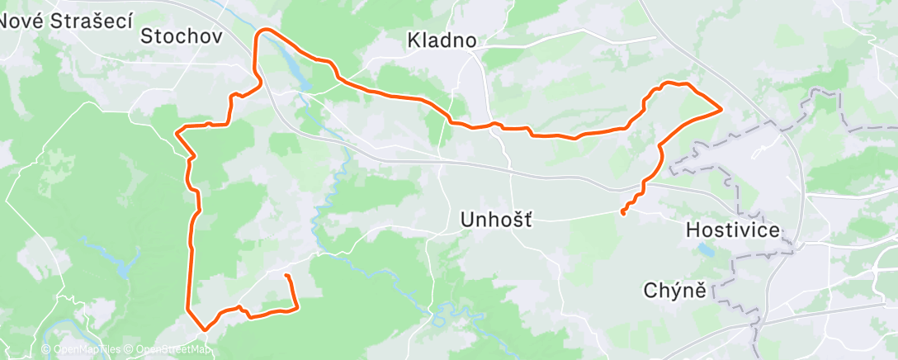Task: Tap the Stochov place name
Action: coord(182,36)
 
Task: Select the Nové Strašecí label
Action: coord(66,22)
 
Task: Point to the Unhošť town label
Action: coord(495,220)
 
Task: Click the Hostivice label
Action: coord(733,230)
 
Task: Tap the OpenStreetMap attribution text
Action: coord(169,350)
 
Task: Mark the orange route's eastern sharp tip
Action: coord(722,108)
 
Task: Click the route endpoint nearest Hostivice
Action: coord(622,213)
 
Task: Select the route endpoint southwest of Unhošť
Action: coord(286,275)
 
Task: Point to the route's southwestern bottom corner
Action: coord(204,329)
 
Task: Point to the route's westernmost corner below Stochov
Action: coord(177,130)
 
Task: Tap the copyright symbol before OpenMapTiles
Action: coord(46,350)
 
